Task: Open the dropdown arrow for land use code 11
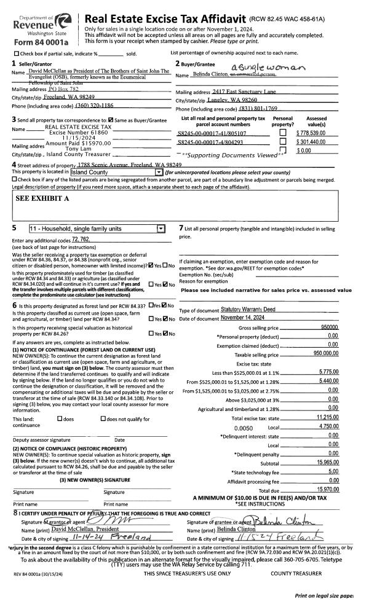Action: point(161,229)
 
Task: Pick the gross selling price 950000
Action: point(329,329)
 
